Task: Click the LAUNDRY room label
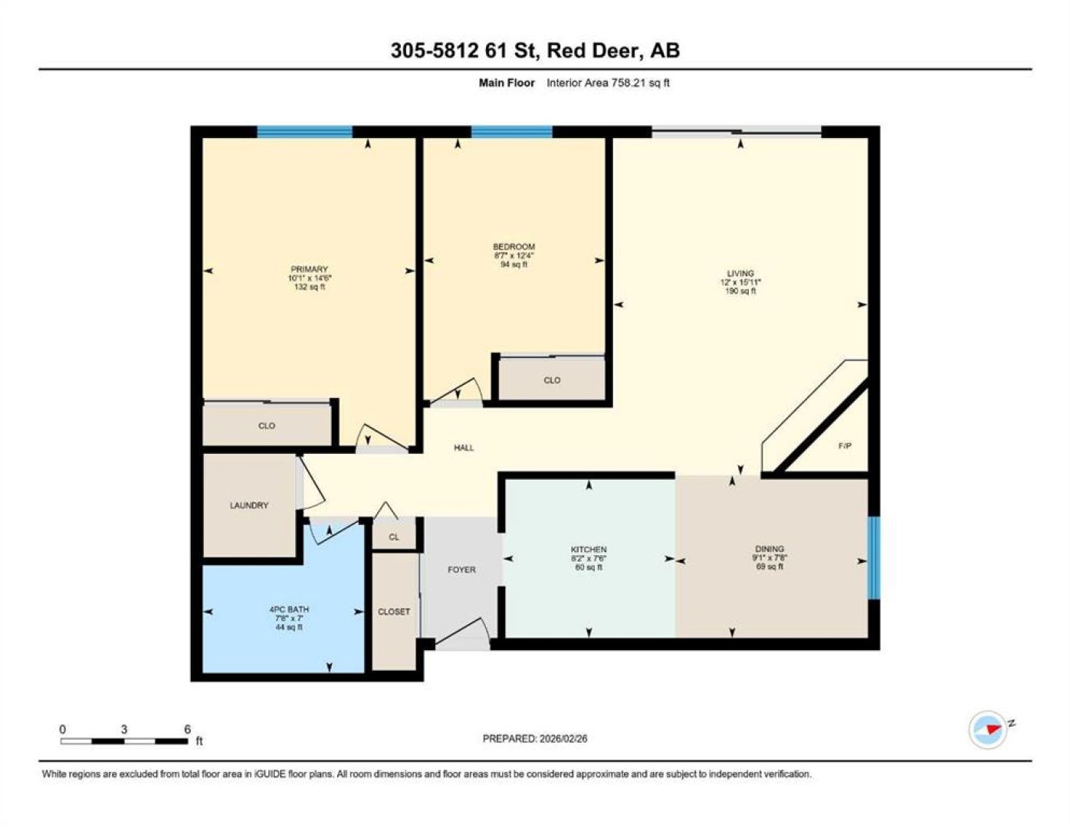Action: (249, 505)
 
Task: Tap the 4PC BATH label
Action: (289, 609)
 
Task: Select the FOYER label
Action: (461, 570)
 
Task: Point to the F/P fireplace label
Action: (845, 445)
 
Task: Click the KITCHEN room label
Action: (589, 549)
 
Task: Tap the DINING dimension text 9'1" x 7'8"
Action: (770, 557)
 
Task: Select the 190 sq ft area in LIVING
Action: (740, 291)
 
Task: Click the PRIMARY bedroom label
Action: (309, 269)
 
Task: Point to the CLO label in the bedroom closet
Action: (552, 380)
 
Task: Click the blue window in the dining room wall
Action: (874, 557)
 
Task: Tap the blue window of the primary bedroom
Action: (305, 132)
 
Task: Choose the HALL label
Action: (464, 448)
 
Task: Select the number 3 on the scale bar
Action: (124, 729)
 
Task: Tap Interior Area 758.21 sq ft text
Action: (608, 83)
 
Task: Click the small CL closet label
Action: (394, 537)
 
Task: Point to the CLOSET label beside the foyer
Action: (394, 611)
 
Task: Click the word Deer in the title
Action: (613, 51)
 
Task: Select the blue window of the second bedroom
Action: (511, 132)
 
